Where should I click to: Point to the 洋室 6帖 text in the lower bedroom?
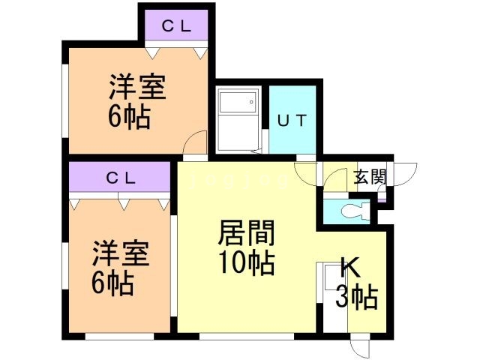coord(120,268)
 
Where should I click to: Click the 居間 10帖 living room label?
coord(246,248)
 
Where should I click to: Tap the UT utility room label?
coord(291,121)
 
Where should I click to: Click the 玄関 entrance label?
coord(370,178)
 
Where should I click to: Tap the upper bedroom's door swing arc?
coord(197,142)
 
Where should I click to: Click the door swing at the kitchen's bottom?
coord(360,347)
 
